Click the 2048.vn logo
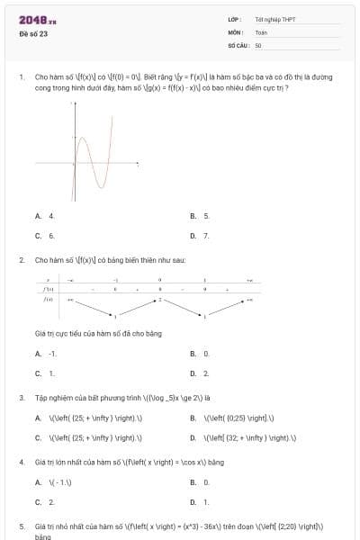[x=38, y=19]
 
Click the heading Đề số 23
[x=33, y=33]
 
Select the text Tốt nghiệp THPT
[x=268, y=19]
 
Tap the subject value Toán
[x=261, y=31]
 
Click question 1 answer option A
[x=45, y=216]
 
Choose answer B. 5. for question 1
[x=200, y=216]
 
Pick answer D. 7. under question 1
[x=200, y=236]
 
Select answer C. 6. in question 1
[x=45, y=236]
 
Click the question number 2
[x=21, y=259]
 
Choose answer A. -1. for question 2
[x=46, y=354]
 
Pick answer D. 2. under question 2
[x=200, y=373]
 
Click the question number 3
[x=21, y=396]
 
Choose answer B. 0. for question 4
[x=200, y=482]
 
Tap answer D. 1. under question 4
[x=200, y=502]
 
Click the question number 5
[x=21, y=525]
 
